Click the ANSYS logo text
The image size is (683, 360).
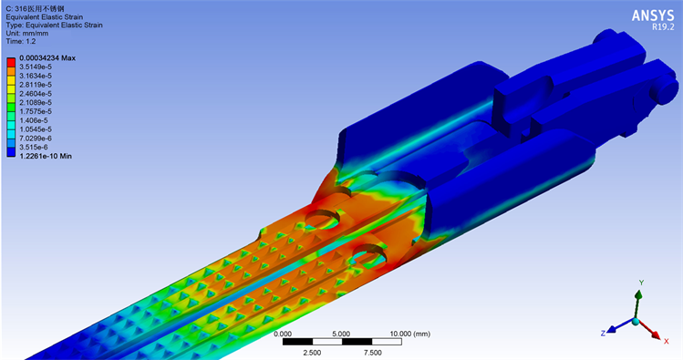tap(653, 15)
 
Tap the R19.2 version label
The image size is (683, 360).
tap(663, 27)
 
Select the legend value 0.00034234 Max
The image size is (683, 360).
tap(47, 58)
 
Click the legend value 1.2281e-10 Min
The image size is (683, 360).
tap(46, 156)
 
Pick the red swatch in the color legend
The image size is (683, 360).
tap(11, 62)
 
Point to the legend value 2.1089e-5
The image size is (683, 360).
tap(36, 102)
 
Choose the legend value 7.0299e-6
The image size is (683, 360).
tap(36, 138)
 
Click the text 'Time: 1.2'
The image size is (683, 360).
tap(21, 41)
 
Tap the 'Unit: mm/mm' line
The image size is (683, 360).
tap(27, 34)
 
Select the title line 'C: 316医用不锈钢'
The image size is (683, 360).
tap(35, 9)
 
